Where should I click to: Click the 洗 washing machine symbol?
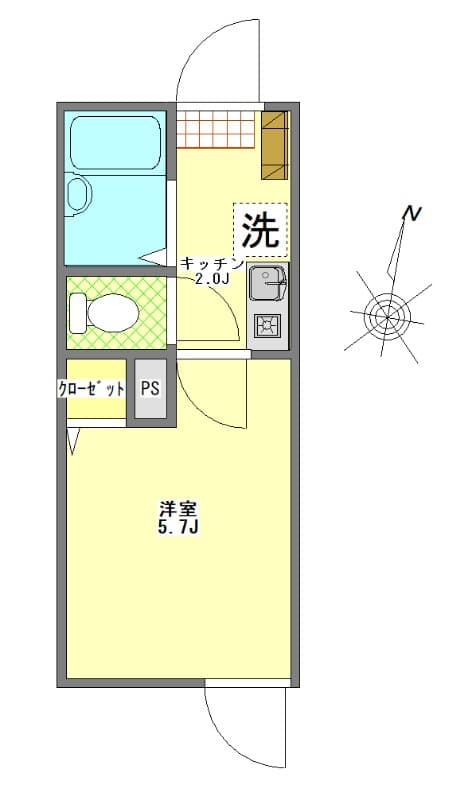(x=260, y=231)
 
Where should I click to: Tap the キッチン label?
(x=211, y=264)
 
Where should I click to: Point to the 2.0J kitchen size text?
(x=211, y=280)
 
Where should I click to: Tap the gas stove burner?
(x=267, y=325)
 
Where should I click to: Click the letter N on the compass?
(x=410, y=214)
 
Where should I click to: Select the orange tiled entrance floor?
(x=218, y=128)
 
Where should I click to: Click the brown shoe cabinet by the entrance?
(x=274, y=145)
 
